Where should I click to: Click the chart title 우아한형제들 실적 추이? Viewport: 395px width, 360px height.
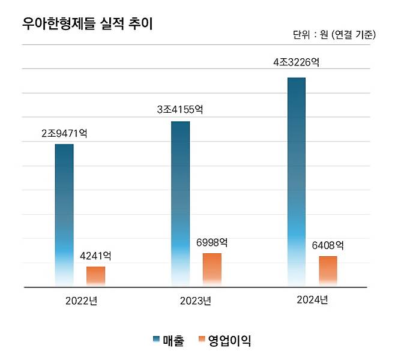point(87,24)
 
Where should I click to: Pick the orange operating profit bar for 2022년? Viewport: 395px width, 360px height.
point(95,276)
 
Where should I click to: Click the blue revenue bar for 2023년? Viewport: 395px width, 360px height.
point(180,203)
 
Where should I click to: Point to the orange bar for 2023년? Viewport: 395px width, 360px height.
point(212,269)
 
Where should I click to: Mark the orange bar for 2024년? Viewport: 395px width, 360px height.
point(328,271)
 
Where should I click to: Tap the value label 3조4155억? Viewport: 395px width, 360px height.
point(179,110)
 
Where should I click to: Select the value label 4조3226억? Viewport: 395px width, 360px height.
point(295,63)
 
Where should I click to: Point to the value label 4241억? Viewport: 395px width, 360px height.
point(95,256)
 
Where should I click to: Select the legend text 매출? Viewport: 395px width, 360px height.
point(173,341)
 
